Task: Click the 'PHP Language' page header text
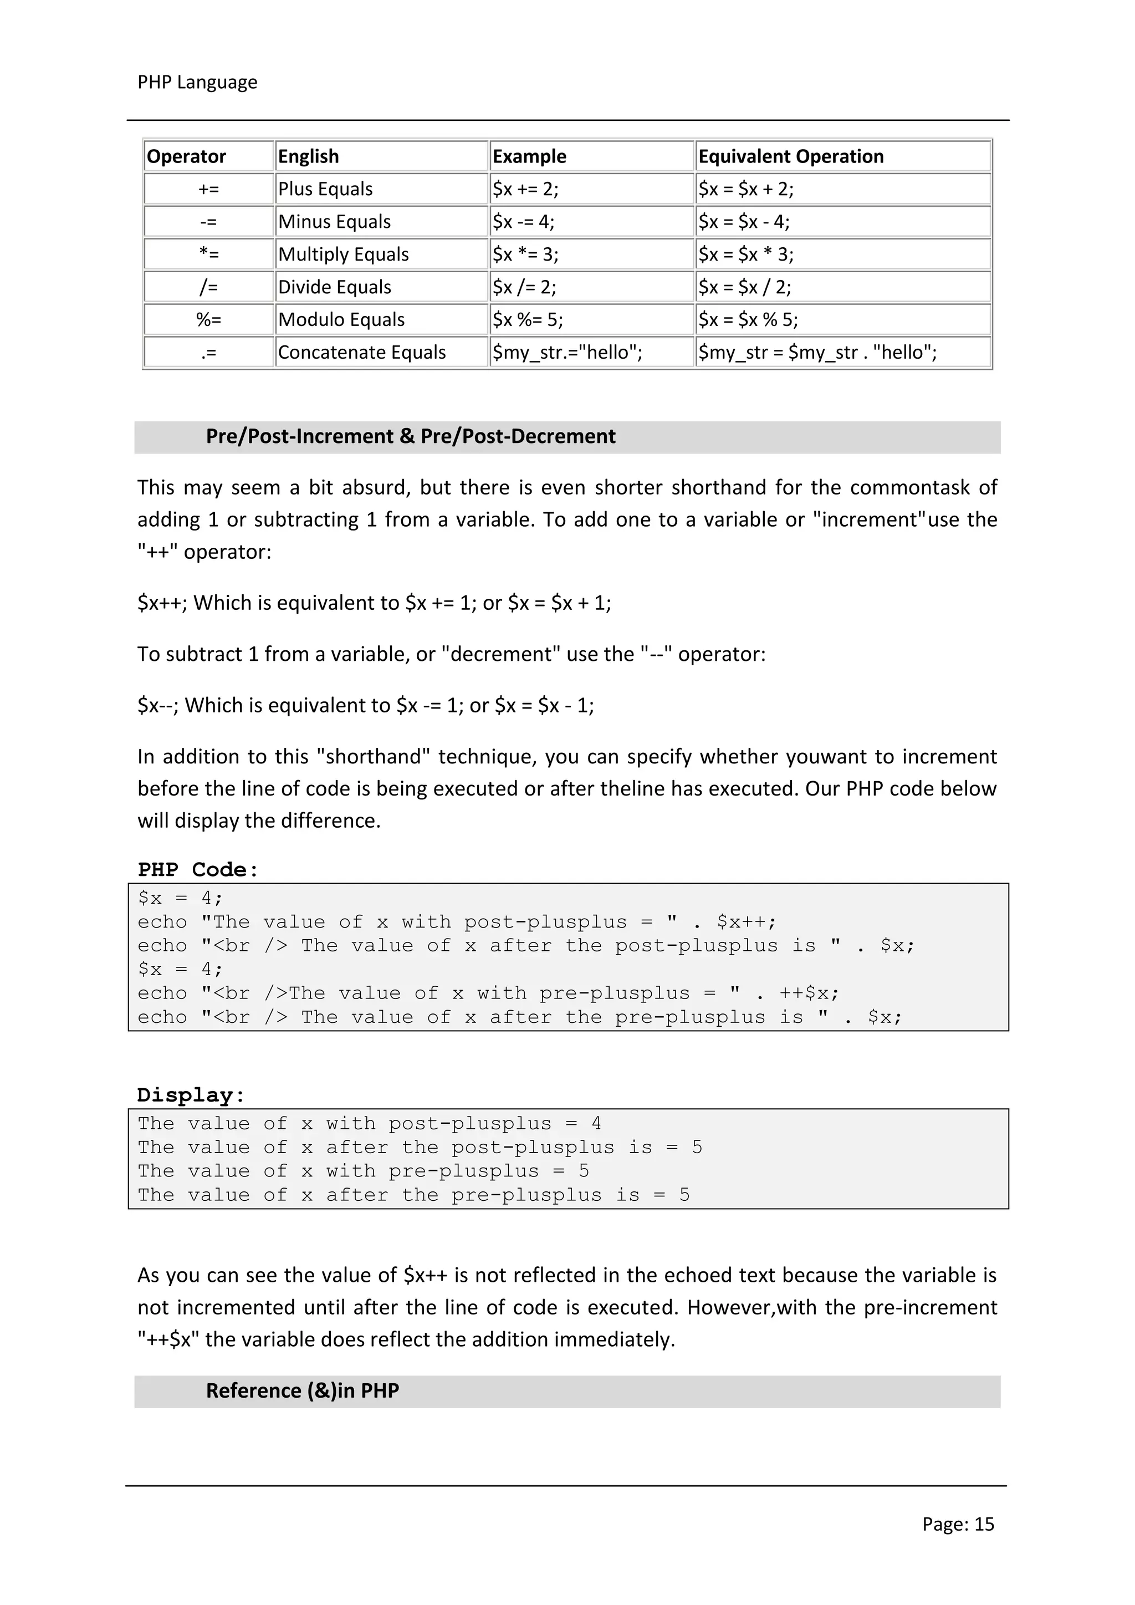point(197,83)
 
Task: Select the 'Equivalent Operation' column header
point(790,156)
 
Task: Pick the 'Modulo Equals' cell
point(341,320)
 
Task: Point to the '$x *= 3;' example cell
point(525,254)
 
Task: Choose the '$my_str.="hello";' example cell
point(567,352)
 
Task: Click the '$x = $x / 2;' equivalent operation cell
point(744,287)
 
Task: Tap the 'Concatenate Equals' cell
point(361,352)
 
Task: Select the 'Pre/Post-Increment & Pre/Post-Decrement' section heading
point(410,437)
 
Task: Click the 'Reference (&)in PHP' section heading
point(302,1390)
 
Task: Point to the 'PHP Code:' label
point(198,870)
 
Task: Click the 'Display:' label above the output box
point(191,1095)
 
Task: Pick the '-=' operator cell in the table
point(208,222)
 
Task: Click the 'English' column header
point(308,156)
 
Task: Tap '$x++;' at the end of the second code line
point(746,922)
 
